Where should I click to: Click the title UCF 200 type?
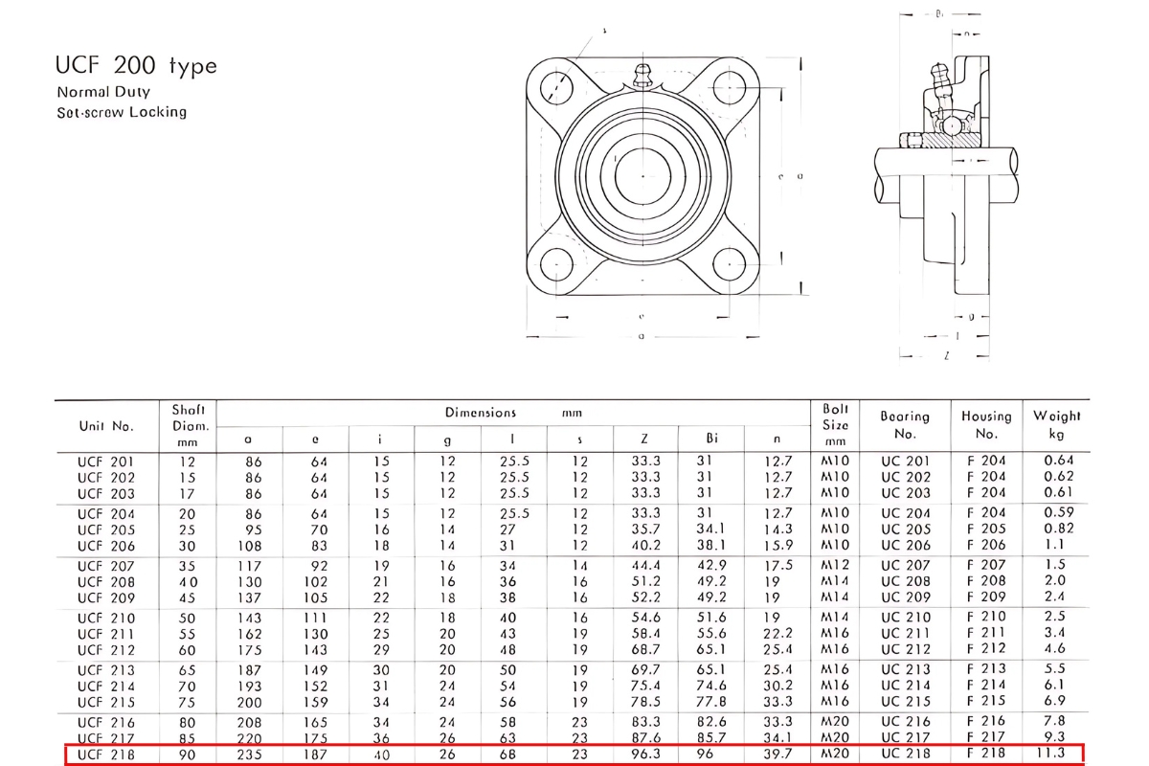[x=137, y=66]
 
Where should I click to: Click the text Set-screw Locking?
[x=122, y=112]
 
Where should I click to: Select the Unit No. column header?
[x=105, y=425]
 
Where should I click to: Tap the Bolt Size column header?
[x=836, y=424]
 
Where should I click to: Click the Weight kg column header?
[x=1056, y=424]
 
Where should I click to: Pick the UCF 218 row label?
[x=105, y=754]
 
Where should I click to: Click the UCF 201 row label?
[x=105, y=461]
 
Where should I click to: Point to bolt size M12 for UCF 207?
[x=836, y=566]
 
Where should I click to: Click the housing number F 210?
[x=986, y=618]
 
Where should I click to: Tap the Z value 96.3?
[x=645, y=754]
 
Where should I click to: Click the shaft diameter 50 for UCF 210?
[x=187, y=618]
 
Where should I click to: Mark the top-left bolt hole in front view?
[x=555, y=87]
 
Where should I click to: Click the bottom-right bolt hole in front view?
[x=729, y=262]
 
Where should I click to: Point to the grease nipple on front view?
[x=642, y=76]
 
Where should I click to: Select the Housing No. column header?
[x=986, y=424]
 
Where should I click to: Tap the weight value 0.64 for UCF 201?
[x=1059, y=461]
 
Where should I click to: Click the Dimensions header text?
[x=481, y=413]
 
